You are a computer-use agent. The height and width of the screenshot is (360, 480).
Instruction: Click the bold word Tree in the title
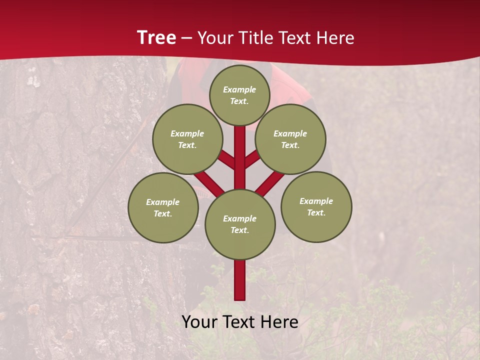(x=156, y=37)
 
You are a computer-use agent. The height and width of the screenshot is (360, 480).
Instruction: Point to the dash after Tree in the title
(x=186, y=38)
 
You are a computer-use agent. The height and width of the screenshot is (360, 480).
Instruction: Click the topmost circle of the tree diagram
(x=239, y=95)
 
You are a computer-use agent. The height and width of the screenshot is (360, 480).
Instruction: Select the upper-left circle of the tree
(x=187, y=139)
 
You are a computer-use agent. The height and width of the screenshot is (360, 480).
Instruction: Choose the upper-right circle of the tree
(x=290, y=139)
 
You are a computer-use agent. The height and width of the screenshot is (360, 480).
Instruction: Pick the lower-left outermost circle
(x=163, y=207)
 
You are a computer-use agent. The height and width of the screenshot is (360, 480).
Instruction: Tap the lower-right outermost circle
(x=316, y=206)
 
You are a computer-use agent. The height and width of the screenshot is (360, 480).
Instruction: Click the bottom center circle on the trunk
(x=240, y=224)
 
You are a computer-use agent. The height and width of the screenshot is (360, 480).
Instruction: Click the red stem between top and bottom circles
(x=240, y=157)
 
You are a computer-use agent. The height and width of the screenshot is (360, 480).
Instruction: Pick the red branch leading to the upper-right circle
(x=251, y=160)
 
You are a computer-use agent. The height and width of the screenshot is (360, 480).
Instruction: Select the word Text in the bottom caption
(x=239, y=322)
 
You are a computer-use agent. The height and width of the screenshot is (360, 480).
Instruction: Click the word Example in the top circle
(x=239, y=89)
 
